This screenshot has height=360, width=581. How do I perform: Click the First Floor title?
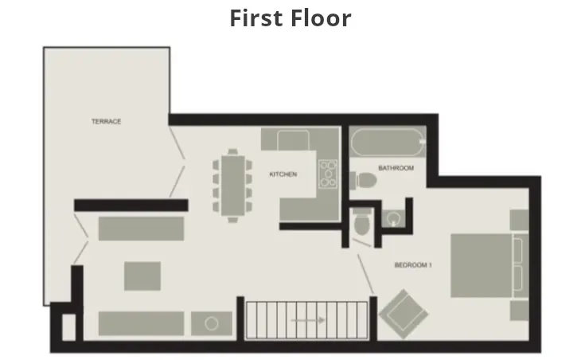[290, 18]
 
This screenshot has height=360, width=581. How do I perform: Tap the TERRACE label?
[106, 121]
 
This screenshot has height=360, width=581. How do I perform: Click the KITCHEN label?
[283, 174]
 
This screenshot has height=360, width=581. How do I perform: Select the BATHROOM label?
[396, 168]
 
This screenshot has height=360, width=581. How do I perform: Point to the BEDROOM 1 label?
[412, 265]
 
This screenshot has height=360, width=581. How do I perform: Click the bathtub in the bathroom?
[388, 145]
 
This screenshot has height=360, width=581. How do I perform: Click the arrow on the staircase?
[308, 320]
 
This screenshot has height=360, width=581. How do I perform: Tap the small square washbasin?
[393, 217]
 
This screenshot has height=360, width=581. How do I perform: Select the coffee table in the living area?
[142, 276]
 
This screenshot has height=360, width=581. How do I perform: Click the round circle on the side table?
[211, 323]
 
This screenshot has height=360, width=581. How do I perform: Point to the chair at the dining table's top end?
[232, 151]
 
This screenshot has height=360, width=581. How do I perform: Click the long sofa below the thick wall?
[141, 226]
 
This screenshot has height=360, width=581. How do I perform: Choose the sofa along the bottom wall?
[140, 323]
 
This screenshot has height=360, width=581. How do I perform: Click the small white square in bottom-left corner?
[68, 327]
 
